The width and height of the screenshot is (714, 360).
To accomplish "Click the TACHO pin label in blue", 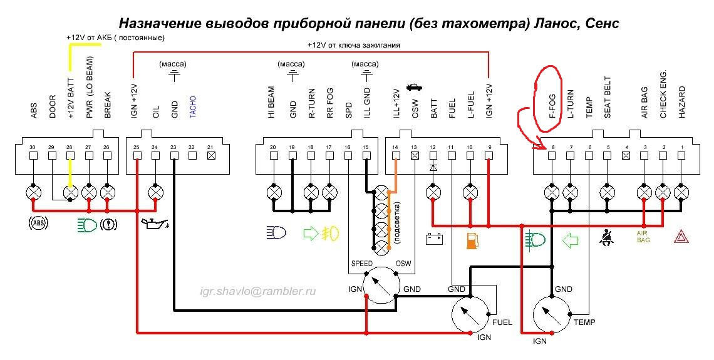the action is coord(193,107).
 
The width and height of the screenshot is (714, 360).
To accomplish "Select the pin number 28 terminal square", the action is coord(70,155).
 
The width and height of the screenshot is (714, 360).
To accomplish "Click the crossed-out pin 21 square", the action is coord(210,155).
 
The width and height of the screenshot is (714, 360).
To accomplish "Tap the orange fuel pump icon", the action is coord(471,240).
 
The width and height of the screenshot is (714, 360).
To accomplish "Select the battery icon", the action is coord(434,239).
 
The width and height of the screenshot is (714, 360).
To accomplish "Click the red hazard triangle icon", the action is coord(681,236).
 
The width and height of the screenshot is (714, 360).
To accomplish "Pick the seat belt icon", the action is coord(608,237).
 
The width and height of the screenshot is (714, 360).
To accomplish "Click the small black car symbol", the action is coord(414,86).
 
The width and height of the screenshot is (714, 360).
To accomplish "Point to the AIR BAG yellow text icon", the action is coord(643,236).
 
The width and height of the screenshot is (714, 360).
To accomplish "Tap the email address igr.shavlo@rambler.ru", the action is coord(258,291).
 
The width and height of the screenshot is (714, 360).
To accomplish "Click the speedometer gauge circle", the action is coord(381,285).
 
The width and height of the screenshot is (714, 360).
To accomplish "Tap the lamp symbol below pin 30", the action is coord(33,192).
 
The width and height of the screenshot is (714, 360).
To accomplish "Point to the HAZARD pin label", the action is coord(681,103).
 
